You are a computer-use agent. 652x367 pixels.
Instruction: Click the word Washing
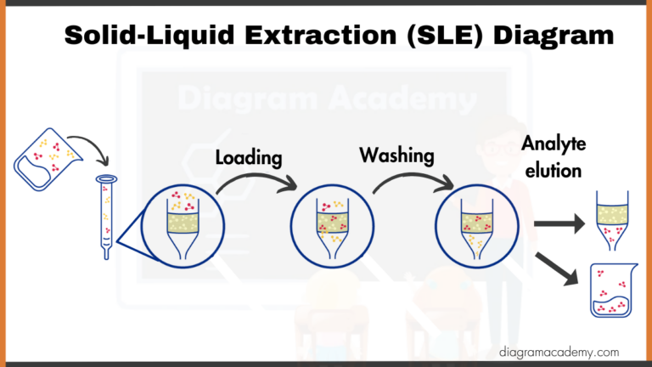[396, 155]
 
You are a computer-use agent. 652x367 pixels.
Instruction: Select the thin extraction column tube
[106, 217]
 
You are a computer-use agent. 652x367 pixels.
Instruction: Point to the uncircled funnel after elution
[611, 217]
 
